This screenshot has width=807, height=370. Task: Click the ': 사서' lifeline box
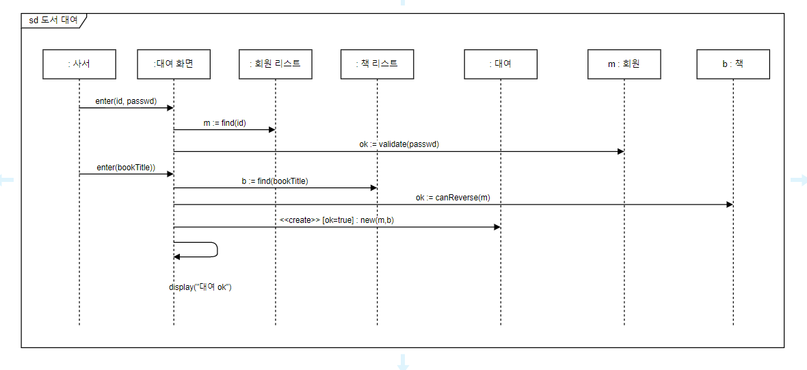[x=79, y=64]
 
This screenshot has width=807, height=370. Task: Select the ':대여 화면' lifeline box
[x=173, y=64]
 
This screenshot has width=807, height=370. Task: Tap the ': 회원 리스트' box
[x=275, y=64]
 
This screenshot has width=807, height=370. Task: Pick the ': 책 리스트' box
[x=377, y=64]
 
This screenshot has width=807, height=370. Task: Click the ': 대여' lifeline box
[x=501, y=64]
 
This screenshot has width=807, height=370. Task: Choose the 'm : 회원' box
[x=624, y=64]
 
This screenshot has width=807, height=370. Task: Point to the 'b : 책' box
[x=732, y=64]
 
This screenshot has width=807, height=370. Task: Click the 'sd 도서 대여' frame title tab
[x=53, y=21]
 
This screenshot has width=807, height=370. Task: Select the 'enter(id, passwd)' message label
[x=126, y=101]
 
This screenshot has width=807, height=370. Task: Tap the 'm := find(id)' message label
[x=224, y=123]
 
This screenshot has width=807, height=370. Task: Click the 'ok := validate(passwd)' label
[x=399, y=144]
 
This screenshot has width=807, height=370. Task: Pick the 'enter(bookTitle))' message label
[x=126, y=168]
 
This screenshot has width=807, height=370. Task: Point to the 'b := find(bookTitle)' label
[x=275, y=181]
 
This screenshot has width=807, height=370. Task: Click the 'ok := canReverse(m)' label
[x=453, y=198]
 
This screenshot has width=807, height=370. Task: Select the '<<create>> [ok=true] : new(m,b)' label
[x=336, y=221]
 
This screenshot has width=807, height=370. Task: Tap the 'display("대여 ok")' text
[x=200, y=287]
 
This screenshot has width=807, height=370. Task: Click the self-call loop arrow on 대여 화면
[x=216, y=250]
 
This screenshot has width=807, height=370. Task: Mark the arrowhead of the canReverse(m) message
[x=729, y=204]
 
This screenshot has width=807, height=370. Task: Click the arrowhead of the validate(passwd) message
[x=620, y=151]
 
